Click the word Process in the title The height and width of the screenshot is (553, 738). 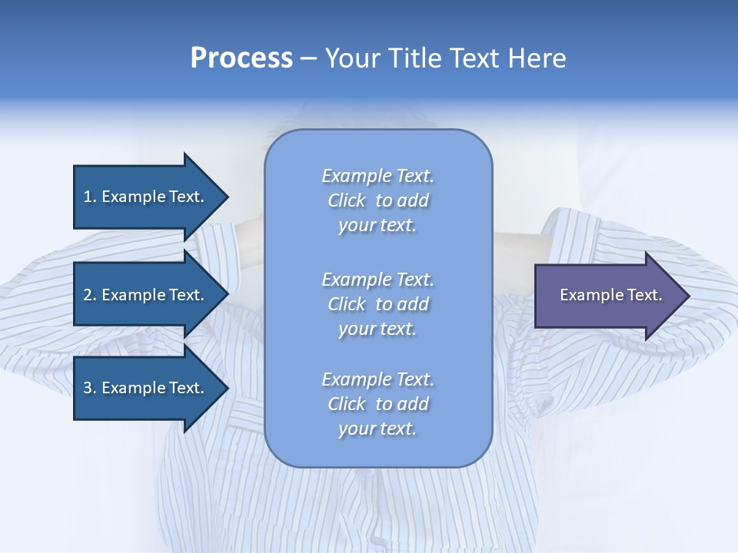[x=241, y=58]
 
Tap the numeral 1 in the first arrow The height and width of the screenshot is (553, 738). [x=88, y=197]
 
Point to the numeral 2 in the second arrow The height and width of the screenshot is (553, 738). [x=88, y=295]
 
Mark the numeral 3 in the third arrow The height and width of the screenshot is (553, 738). [x=88, y=389]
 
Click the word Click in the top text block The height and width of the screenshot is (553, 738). [x=347, y=201]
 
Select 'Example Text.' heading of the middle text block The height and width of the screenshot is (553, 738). [x=377, y=280]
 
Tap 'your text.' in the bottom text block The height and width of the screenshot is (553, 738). [x=377, y=429]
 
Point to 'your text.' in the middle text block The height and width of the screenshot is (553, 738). [x=377, y=329]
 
